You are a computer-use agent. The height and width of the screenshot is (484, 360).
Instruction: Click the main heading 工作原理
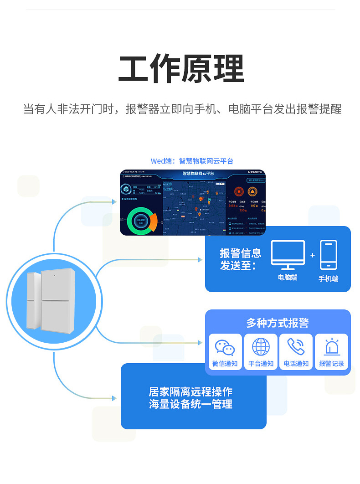coord(181,69)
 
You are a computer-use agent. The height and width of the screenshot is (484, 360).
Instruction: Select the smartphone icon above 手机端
coord(328,255)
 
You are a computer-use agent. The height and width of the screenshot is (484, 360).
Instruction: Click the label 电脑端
coord(288,277)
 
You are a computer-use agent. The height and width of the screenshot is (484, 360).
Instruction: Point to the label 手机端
coord(328,278)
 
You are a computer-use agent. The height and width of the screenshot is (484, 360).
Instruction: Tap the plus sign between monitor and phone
coord(313,255)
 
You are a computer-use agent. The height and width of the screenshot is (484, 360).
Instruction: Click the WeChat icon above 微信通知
coord(225,347)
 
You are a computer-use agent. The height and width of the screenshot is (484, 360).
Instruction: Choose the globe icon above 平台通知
coord(261,347)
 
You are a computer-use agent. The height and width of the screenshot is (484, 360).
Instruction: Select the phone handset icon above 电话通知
coord(296,347)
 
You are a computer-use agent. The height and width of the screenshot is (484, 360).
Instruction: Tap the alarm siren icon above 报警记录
coord(331,347)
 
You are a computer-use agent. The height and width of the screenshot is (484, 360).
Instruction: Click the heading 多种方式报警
coord(278,323)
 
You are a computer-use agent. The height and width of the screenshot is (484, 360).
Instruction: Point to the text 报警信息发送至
coord(240,259)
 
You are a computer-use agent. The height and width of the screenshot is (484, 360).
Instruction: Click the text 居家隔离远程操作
coord(190,391)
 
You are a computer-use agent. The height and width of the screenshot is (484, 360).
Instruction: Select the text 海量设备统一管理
coord(190,404)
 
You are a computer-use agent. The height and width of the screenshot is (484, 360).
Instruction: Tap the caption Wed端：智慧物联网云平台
coord(192,161)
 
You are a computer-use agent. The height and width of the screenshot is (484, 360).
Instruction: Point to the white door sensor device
coord(51,301)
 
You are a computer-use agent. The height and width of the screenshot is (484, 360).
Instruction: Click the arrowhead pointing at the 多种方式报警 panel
coord(200,342)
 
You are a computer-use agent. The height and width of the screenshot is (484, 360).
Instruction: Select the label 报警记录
coord(331,364)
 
